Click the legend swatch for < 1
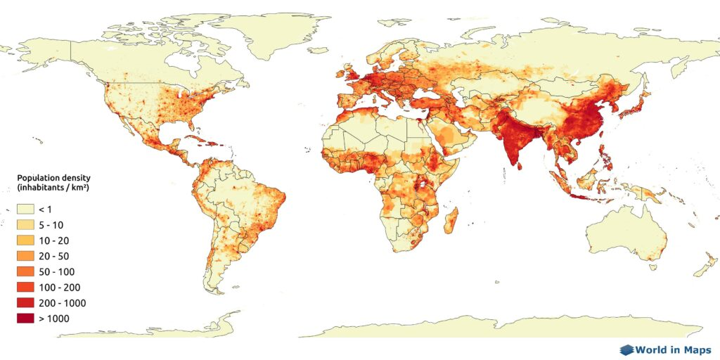25,210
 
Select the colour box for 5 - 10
25,225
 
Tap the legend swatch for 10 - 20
25,240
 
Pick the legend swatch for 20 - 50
25,256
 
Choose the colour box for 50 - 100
25,271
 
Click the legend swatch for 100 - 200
25,287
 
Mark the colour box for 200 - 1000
25,302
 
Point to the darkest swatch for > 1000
25,319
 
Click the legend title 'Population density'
53,179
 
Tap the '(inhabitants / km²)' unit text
57,189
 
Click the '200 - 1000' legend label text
62,303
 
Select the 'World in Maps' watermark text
674,349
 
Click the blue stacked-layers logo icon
626,349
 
